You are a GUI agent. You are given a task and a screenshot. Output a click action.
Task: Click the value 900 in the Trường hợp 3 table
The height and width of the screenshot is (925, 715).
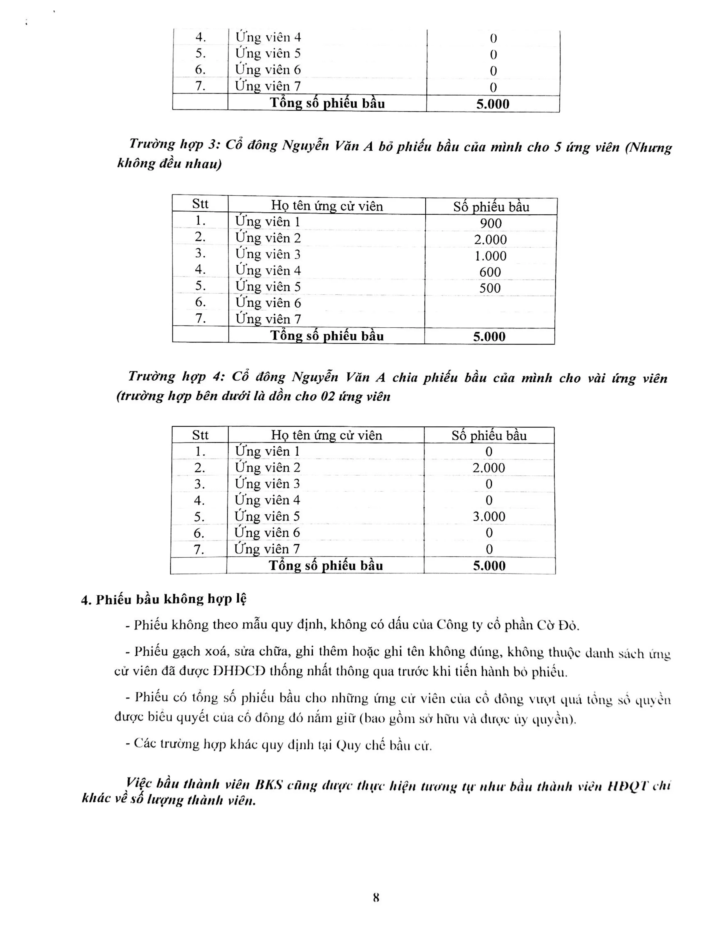pyautogui.click(x=490, y=223)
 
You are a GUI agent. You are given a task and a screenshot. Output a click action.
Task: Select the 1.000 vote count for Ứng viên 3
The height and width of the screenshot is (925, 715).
pyautogui.click(x=490, y=256)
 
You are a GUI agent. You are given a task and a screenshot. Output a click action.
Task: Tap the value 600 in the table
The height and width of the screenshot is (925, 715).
pyautogui.click(x=490, y=272)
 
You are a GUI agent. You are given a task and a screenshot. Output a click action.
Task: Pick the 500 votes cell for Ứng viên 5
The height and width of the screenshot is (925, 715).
pyautogui.click(x=490, y=288)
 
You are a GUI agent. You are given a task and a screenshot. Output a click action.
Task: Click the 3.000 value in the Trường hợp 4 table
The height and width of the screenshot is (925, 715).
pyautogui.click(x=489, y=516)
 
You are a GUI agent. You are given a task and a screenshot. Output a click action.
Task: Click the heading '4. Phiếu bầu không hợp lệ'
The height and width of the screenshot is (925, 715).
pyautogui.click(x=164, y=599)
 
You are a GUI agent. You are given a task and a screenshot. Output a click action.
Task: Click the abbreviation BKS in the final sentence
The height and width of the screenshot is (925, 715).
pyautogui.click(x=269, y=785)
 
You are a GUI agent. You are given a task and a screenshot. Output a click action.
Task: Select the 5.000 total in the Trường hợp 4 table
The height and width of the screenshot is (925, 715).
pyautogui.click(x=489, y=566)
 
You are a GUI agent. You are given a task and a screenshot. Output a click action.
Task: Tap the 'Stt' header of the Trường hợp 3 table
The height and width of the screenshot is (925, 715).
pyautogui.click(x=200, y=204)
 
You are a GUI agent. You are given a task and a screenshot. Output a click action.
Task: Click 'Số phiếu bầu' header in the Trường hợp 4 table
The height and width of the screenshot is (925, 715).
pyautogui.click(x=489, y=435)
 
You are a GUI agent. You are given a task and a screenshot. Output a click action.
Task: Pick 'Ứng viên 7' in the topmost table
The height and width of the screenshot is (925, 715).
pyautogui.click(x=268, y=86)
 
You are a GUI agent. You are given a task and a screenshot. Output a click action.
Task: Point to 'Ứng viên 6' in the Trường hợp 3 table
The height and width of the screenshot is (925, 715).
pyautogui.click(x=268, y=303)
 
